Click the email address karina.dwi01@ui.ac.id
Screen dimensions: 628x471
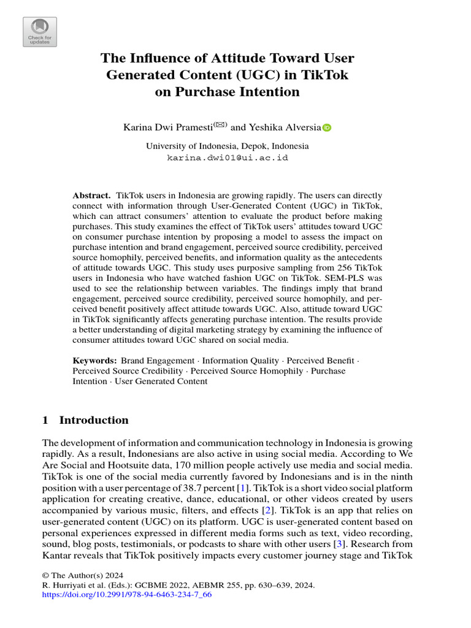click(228, 158)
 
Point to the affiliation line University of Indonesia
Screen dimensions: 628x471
click(227, 146)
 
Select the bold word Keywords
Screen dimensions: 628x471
click(94, 361)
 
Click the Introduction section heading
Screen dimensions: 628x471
click(93, 420)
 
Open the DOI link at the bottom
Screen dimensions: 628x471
click(127, 595)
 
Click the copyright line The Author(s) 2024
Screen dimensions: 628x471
click(82, 575)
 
